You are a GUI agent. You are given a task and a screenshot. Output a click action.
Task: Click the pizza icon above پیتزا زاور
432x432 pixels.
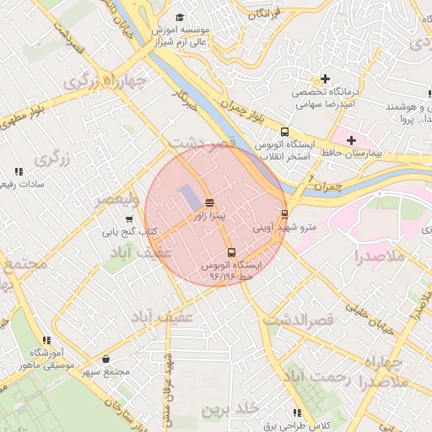pos(208,202)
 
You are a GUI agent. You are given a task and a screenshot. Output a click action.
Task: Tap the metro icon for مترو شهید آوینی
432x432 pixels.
pos(284,214)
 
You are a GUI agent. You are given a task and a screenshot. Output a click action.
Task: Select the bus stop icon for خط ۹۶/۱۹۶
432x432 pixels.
pos(231,252)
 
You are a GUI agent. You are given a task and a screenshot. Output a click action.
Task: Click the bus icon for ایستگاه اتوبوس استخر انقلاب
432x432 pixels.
pos(284,132)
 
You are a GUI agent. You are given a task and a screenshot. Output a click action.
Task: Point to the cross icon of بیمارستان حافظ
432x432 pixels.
pos(351,139)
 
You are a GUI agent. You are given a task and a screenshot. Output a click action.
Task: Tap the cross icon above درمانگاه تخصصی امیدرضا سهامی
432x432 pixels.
pos(325,79)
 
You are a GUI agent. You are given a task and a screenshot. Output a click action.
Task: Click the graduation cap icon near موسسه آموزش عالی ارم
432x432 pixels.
pos(178,17)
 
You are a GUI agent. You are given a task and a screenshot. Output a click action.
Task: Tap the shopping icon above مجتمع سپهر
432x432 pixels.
pos(105,359)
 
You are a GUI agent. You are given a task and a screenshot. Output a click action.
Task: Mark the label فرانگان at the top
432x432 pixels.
pos(263,14)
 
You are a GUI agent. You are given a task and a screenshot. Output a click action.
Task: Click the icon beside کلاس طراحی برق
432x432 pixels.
pos(296,413)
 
